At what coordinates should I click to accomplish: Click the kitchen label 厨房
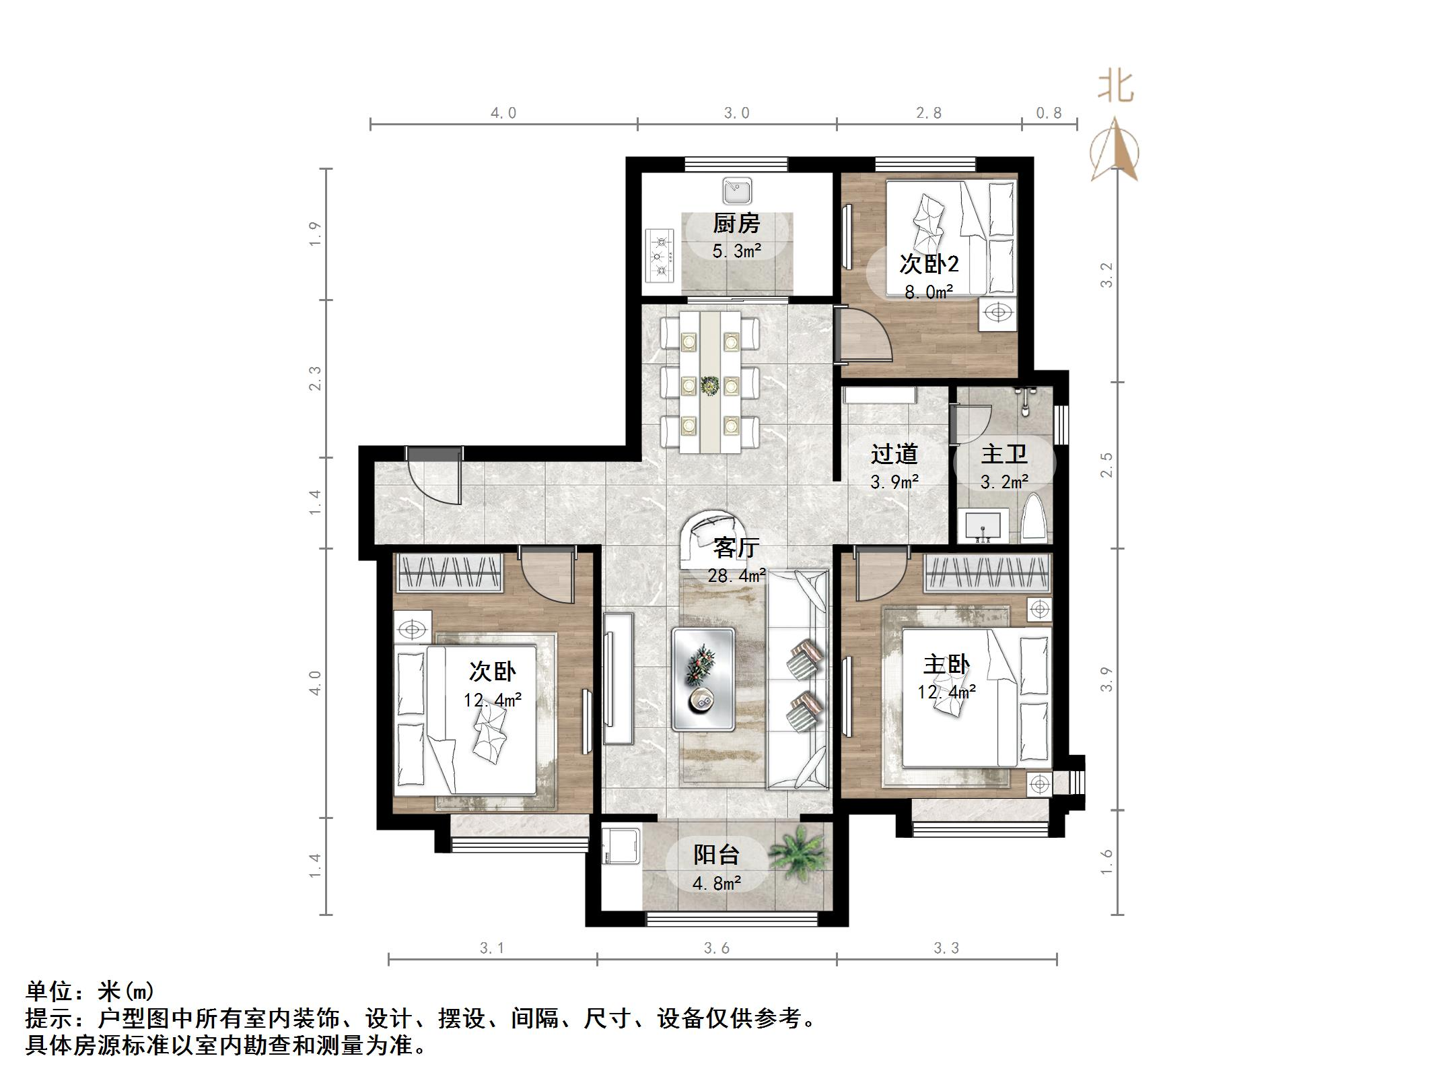pyautogui.click(x=736, y=224)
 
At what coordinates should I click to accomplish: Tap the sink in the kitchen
pyautogui.click(x=737, y=191)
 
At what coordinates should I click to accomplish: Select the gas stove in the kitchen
pyautogui.click(x=660, y=255)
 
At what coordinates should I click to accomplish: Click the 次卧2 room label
pyautogui.click(x=929, y=264)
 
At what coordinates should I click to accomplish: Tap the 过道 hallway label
pyautogui.click(x=894, y=454)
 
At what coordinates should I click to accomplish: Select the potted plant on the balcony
pyautogui.click(x=798, y=856)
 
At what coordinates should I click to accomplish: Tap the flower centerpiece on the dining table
pyautogui.click(x=710, y=386)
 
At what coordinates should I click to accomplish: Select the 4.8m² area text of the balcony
pyautogui.click(x=717, y=883)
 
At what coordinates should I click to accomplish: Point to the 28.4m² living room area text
pyautogui.click(x=736, y=576)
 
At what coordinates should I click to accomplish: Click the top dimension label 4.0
pyautogui.click(x=503, y=113)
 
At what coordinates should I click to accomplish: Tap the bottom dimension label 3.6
pyautogui.click(x=717, y=948)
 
